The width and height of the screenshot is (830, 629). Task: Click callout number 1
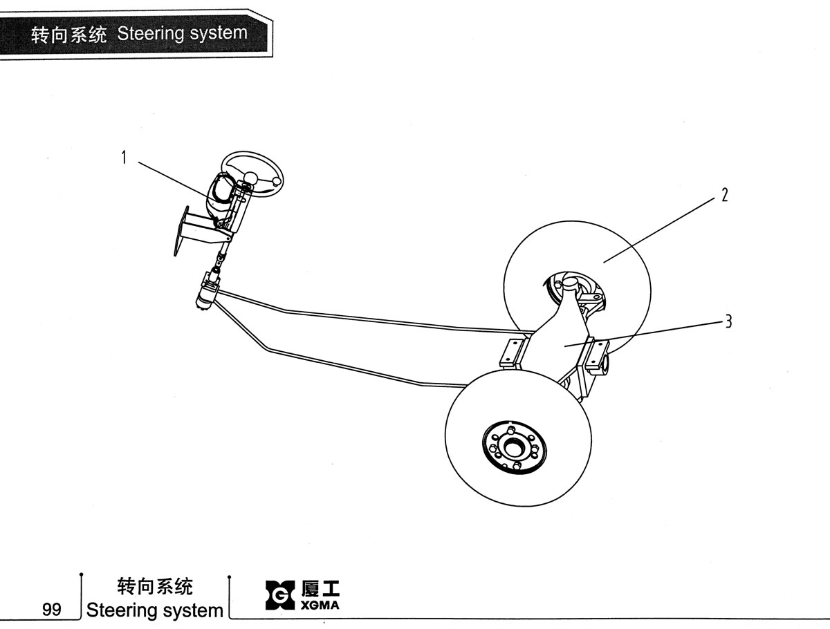tap(124, 157)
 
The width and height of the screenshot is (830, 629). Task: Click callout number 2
tap(724, 195)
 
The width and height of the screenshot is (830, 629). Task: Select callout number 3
tap(728, 321)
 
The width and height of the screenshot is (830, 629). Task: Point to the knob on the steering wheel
tap(277, 181)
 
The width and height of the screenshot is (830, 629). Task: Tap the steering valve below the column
tap(205, 294)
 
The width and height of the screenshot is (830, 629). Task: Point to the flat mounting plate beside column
tap(181, 231)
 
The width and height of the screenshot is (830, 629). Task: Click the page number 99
tap(52, 610)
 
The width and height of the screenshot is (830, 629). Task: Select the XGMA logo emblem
tap(280, 595)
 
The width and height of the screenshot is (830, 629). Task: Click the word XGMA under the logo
tap(320, 605)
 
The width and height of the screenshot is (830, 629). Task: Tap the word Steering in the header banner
tap(150, 34)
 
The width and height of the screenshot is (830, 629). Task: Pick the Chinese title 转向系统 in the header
tap(69, 35)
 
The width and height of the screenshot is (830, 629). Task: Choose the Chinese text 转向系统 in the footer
tap(155, 587)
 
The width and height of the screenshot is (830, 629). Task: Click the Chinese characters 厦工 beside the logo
tap(320, 589)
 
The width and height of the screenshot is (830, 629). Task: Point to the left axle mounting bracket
tap(511, 353)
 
